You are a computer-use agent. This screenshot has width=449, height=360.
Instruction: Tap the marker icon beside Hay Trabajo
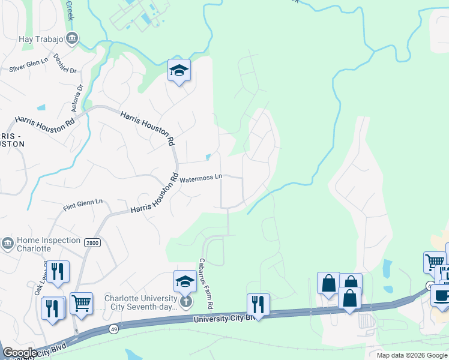point(72,39)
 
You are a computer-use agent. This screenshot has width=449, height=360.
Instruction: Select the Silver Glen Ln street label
point(27,69)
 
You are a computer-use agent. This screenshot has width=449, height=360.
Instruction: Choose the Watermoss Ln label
point(201,178)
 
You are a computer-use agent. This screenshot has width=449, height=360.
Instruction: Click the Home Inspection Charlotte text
point(49,244)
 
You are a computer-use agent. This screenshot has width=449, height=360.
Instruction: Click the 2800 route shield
point(92,242)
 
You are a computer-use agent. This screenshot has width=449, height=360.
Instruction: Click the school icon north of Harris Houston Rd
point(179,70)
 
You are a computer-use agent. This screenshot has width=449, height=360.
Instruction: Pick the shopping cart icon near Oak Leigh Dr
point(81,302)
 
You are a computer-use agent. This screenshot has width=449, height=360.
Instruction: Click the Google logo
point(20,353)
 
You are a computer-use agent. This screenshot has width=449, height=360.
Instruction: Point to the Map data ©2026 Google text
point(411,355)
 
